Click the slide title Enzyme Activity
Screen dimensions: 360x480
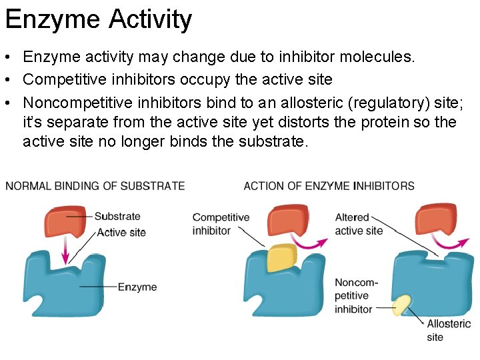coord(98,19)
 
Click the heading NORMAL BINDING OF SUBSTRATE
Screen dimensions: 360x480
coord(95,186)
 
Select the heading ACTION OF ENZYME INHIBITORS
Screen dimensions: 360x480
coord(329,186)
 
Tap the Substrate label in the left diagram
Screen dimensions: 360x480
coord(117,217)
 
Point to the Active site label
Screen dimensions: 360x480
coord(121,233)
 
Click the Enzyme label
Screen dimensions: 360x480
coord(137,287)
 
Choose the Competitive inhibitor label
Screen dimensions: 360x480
coord(221,224)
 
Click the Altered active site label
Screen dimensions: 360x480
coord(359,224)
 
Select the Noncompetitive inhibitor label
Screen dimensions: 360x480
coord(356,295)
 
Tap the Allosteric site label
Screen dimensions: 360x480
coord(449,330)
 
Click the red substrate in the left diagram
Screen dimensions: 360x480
coord(67,222)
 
